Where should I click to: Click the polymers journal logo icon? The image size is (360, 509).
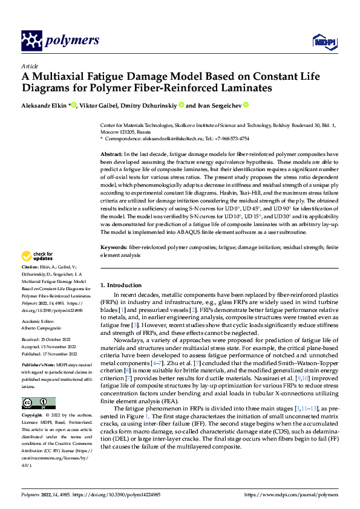point(32,41)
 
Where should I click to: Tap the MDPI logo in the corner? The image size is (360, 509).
point(321,41)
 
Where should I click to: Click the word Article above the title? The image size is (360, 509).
point(29,66)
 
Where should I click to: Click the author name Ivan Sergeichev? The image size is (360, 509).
point(218,105)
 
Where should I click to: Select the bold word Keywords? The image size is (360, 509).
point(114,248)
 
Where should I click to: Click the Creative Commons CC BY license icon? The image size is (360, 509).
point(38,403)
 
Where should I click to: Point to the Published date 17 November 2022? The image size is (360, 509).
point(55,353)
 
